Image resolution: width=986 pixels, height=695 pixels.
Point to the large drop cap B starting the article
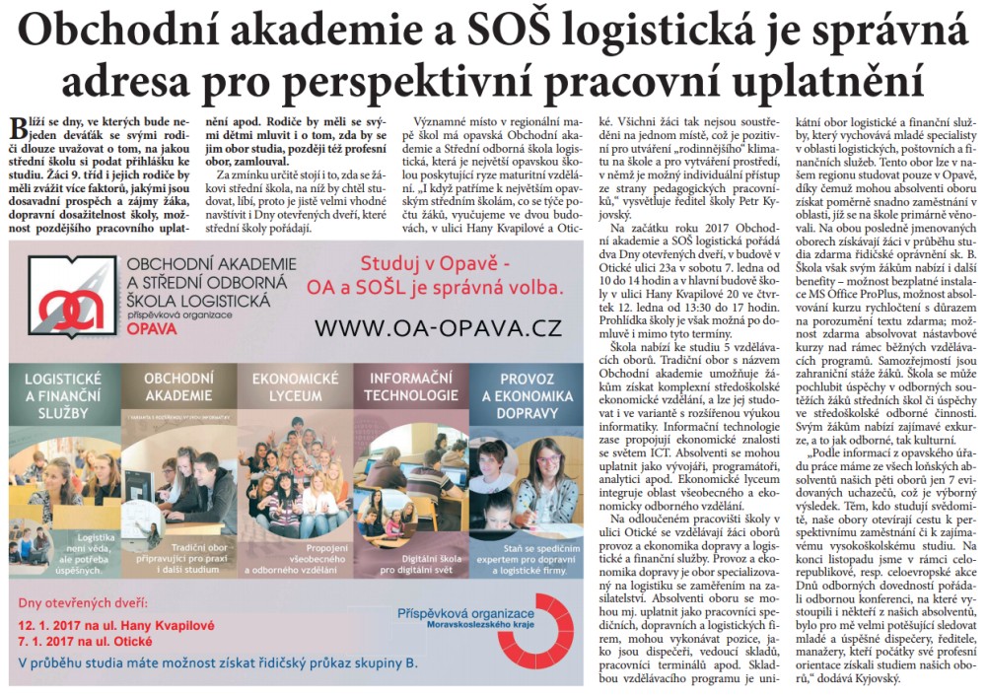tap(17, 128)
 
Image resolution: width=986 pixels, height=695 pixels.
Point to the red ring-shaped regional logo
tap(533, 631)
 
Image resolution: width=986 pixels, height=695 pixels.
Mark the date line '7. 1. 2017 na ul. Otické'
tap(103, 642)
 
